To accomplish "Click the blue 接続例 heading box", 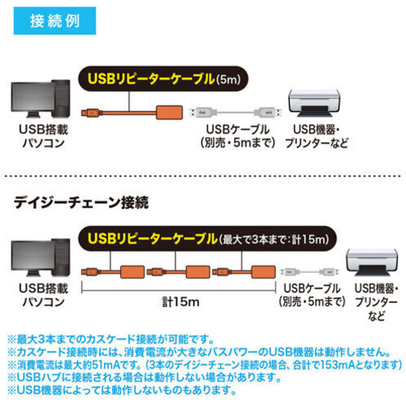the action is pos(54,21).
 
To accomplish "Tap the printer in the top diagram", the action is pos(314,103).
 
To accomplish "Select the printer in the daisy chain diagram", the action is pos(372,262).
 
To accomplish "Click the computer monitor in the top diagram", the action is pos(33,100).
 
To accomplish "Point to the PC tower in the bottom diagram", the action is pos(61,257).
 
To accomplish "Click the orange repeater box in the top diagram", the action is pos(169,112).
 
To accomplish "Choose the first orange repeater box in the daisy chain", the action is pos(132,272).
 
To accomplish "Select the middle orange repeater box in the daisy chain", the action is pos(198,272).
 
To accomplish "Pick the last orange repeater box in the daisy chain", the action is pos(263,272).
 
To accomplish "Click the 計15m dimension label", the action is pos(181,302).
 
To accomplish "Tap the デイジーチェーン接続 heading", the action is pos(81,202).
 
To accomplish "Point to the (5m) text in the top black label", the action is pos(228,80).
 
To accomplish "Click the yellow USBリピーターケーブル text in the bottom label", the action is pos(153,239).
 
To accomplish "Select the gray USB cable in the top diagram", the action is pos(235,112).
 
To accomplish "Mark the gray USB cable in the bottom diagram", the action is pos(309,271).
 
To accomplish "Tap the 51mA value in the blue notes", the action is pos(106,365).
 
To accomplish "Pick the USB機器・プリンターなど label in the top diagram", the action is pos(317,136).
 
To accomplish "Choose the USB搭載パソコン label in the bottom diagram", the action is pos(43,295).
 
